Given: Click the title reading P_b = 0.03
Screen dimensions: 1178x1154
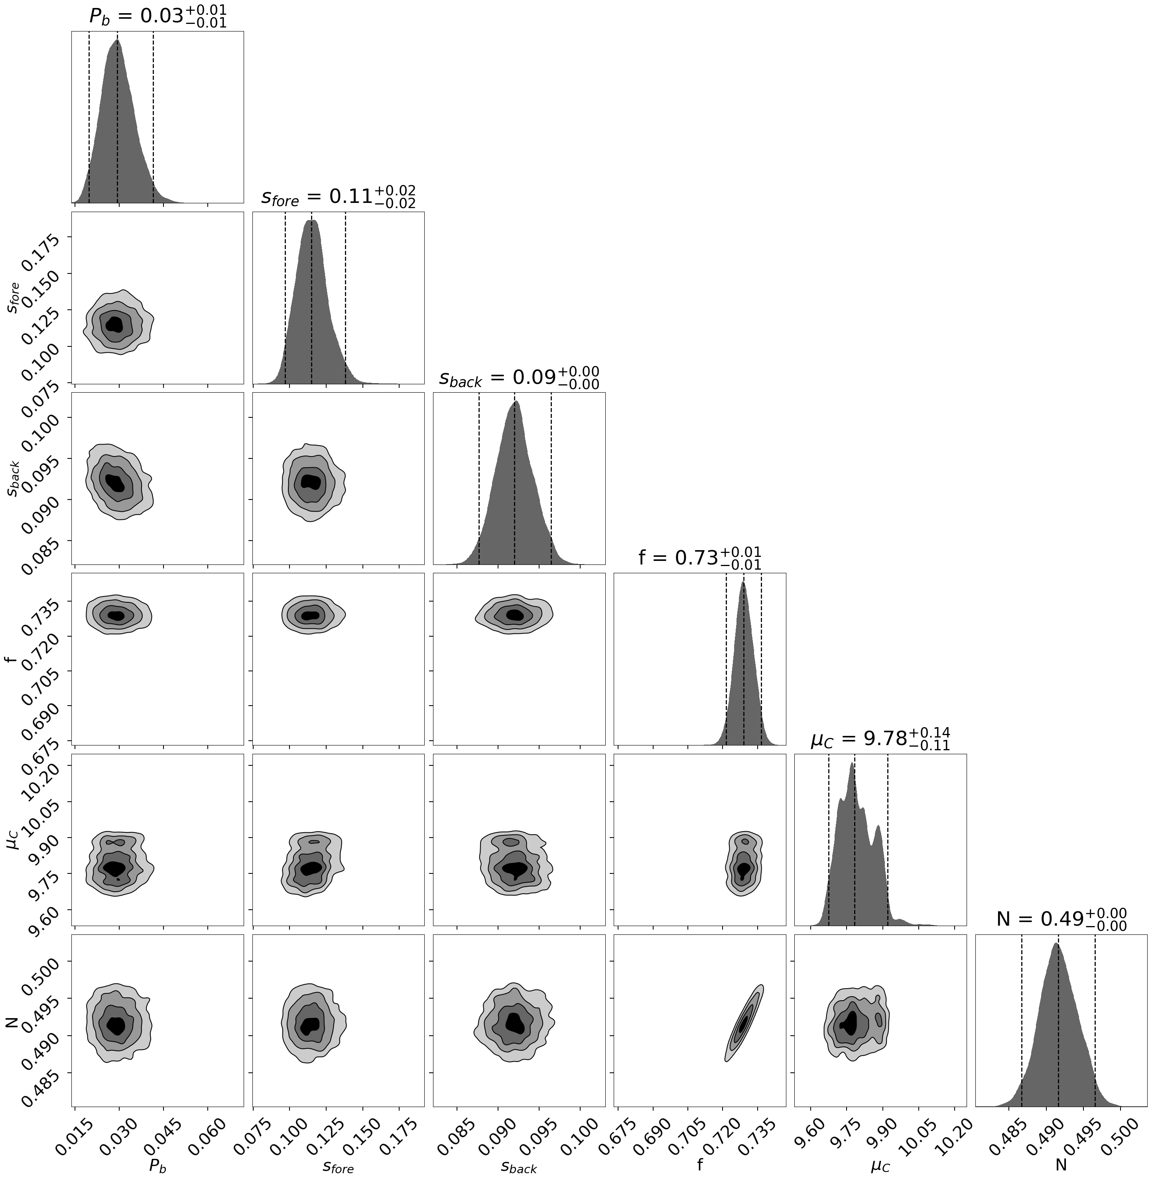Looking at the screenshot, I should coord(158,16).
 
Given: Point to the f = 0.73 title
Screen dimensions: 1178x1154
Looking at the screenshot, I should coord(699,558).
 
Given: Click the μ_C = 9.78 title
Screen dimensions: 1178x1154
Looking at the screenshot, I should coord(880,739).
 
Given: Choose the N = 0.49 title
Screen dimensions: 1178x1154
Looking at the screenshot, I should coord(1061,919).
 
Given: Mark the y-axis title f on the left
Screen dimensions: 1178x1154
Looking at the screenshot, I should coord(11,658).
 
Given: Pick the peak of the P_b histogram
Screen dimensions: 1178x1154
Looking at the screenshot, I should coord(118,41).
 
